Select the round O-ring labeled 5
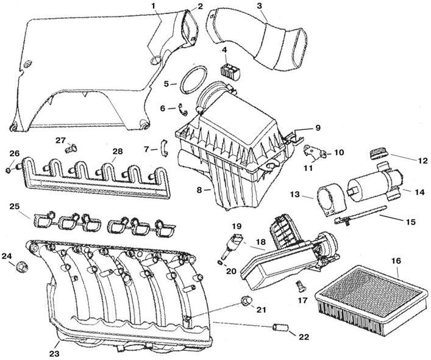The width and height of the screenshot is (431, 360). pos(193,80)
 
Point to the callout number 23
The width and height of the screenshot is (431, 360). pos(54,353)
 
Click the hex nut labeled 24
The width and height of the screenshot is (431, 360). pos(23,267)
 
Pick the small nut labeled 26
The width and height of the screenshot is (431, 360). pos(9,171)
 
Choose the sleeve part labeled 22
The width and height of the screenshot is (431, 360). pos(280,327)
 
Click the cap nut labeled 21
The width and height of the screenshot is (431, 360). pos(246,301)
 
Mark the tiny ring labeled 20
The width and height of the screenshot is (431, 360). pos(220,263)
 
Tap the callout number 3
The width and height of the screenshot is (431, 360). pos(260,6)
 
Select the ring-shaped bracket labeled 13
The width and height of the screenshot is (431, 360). pos(330,200)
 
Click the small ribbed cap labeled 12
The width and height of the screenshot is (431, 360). pos(378,154)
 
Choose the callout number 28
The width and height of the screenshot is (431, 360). pos(117,151)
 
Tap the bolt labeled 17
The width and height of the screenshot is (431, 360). pos(300,287)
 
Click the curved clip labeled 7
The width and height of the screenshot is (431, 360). pos(164,148)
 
